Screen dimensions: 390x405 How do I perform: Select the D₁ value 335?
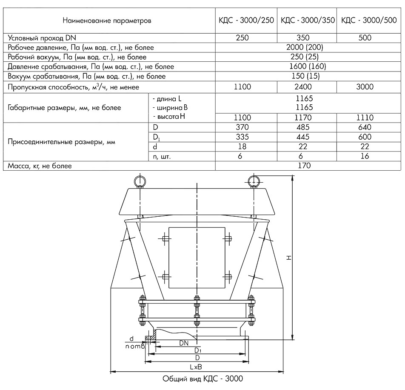243,137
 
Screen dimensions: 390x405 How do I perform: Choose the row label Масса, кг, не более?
40,165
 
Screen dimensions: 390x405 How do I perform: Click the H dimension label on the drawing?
289,258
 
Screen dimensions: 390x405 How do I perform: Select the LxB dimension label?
196,366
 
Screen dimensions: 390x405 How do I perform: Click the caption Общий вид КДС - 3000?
203,379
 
